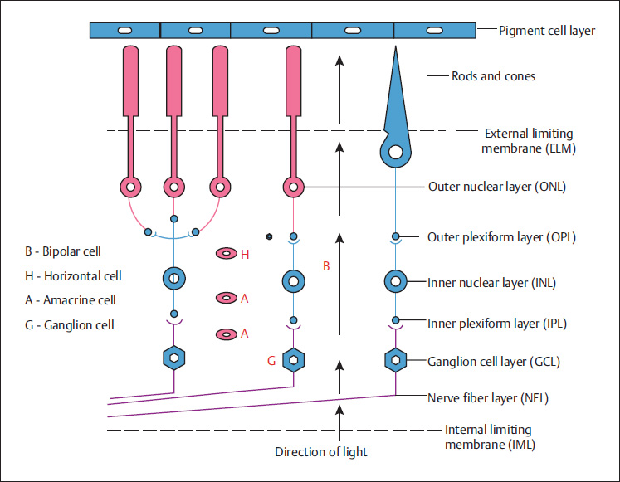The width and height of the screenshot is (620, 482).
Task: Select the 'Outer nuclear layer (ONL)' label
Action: coord(496,187)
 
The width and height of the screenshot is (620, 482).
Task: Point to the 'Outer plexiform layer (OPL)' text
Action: coord(501,236)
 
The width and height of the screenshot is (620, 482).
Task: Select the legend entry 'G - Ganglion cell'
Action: coord(70,324)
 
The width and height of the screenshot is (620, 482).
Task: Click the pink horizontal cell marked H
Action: coord(226,254)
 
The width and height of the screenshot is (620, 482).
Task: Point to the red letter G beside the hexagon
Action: coord(271,361)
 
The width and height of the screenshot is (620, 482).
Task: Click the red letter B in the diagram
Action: coord(325,266)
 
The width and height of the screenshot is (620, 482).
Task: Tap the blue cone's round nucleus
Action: coord(396,152)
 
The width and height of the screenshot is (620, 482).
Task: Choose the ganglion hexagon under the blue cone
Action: coord(396,359)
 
